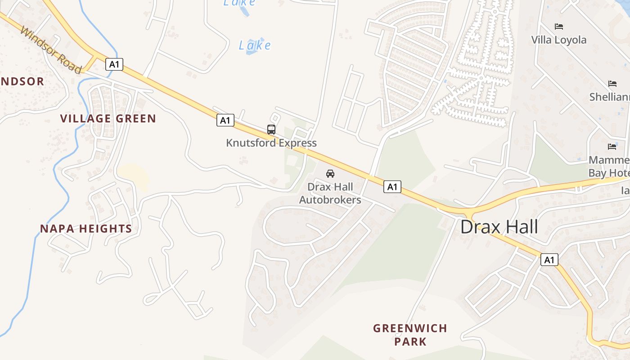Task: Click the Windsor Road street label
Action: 51,50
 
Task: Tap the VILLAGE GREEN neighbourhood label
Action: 108,119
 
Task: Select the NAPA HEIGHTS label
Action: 86,229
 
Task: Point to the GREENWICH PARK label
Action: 410,334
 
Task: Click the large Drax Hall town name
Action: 499,227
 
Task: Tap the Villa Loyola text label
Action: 559,40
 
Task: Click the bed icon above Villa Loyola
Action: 559,27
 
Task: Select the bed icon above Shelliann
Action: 612,84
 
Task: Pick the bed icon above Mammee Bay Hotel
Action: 612,146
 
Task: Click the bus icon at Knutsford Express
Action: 271,130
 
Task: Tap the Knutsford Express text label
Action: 271,143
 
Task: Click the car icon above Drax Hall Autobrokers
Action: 330,173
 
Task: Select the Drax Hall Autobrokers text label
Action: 330,193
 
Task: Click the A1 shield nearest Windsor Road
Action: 114,64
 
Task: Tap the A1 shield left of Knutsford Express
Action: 225,120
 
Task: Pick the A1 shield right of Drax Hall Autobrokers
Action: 392,187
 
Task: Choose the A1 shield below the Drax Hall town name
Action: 549,260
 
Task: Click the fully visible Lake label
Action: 255,45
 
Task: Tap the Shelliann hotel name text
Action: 609,97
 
